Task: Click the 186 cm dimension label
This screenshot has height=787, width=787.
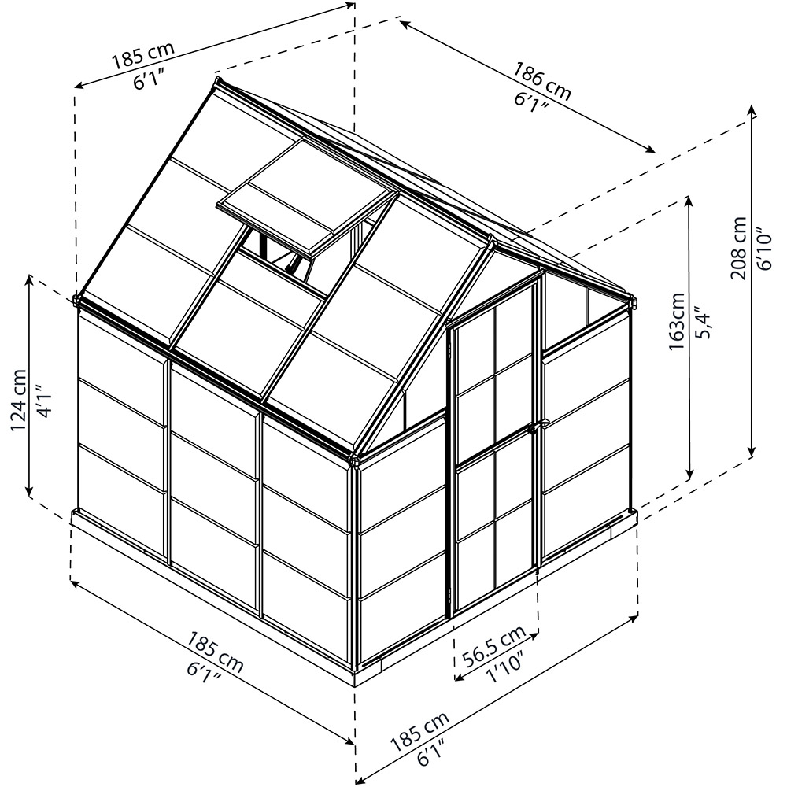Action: [541, 79]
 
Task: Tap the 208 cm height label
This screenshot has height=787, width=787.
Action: [738, 248]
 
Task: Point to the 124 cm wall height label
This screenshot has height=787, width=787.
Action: [19, 400]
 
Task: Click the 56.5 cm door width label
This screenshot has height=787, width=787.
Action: [494, 646]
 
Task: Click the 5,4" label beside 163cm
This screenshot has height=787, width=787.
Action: [704, 321]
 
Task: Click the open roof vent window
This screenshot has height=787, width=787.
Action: [307, 198]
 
